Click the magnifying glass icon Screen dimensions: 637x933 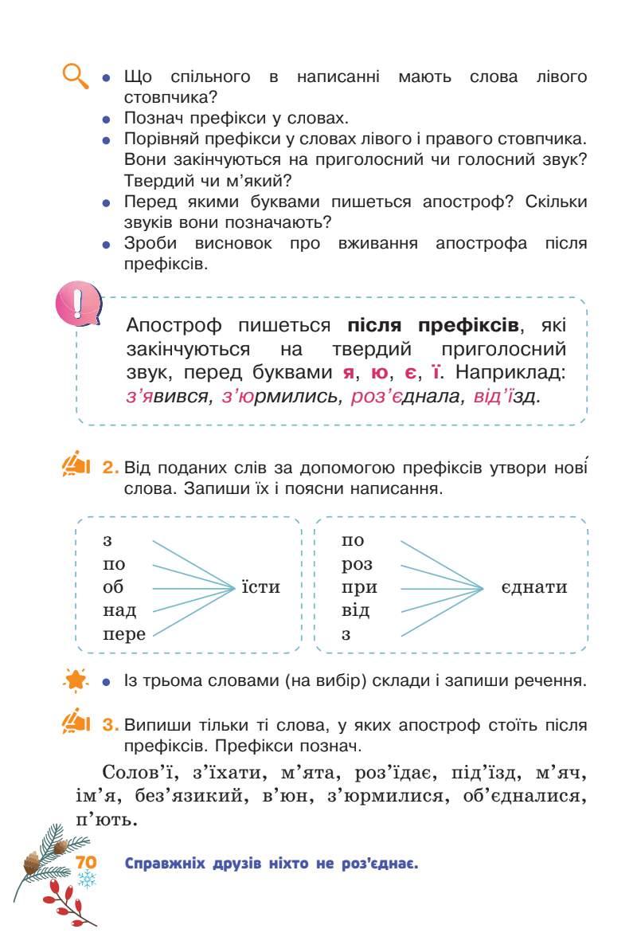pyautogui.click(x=76, y=78)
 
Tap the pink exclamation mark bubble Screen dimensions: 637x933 pyautogui.click(x=78, y=304)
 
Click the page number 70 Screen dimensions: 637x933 pyautogui.click(x=85, y=864)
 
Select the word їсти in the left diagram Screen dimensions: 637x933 pyautogui.click(x=260, y=588)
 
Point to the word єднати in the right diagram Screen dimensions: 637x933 pyautogui.click(x=534, y=588)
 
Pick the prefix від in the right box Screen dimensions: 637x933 pyautogui.click(x=355, y=611)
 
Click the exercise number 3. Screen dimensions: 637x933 pyautogui.click(x=111, y=725)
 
